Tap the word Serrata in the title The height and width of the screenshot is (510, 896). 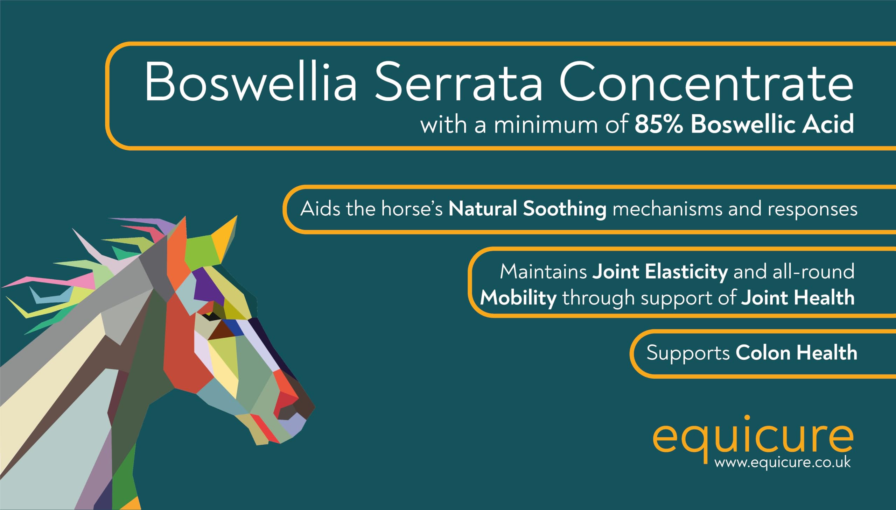[x=459, y=82]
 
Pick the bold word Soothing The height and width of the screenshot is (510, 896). [x=565, y=209]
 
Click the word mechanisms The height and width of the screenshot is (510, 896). [x=667, y=209]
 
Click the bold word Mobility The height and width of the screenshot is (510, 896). [x=518, y=299]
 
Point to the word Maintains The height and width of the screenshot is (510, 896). [x=543, y=272]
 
